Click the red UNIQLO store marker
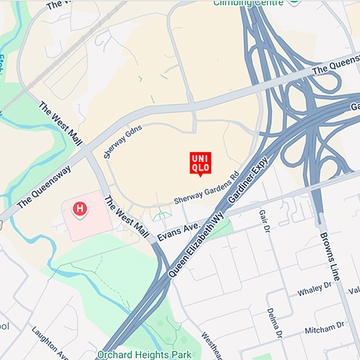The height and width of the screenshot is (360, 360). [x=200, y=163]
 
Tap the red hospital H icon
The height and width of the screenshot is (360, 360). [x=80, y=209]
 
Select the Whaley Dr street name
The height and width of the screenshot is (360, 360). [x=313, y=289]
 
